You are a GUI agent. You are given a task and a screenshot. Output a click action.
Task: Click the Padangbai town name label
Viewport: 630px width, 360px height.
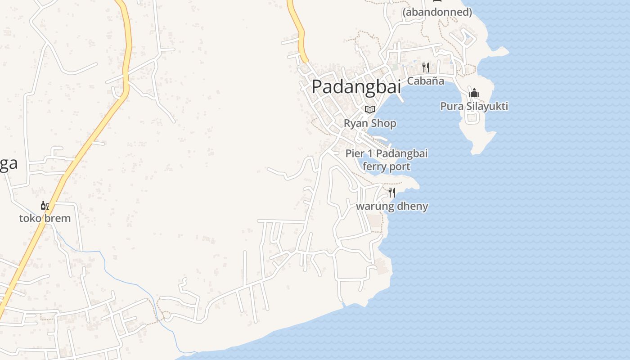(356, 86)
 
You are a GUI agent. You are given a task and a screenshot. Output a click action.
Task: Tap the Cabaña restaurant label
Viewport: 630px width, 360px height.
(426, 81)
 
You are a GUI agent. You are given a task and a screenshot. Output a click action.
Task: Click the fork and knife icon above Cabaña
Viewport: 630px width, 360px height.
(426, 67)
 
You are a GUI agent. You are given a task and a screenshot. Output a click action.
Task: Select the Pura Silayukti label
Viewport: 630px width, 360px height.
(474, 106)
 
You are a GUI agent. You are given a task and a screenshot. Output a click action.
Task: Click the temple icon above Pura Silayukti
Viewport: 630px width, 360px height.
(474, 93)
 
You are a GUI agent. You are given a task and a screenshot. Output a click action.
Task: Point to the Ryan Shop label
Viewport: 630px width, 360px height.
(370, 123)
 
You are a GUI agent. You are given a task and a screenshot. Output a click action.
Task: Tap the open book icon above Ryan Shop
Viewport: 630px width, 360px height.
(370, 109)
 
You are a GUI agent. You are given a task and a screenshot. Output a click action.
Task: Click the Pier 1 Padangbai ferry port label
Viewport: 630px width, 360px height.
(387, 160)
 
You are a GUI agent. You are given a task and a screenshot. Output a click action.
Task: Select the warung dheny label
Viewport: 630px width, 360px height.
(392, 207)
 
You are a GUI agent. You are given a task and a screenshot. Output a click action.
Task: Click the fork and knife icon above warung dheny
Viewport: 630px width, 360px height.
(392, 193)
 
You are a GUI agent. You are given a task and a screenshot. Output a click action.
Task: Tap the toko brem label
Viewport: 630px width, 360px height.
(45, 218)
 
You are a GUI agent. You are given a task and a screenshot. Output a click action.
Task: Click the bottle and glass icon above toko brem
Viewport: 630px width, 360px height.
(45, 206)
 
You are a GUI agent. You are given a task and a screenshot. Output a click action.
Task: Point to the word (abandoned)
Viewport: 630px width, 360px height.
(437, 12)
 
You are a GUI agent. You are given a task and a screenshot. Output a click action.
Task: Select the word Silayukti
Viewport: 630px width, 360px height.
(486, 106)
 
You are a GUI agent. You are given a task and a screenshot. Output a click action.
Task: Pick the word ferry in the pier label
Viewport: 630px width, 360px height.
(374, 166)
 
